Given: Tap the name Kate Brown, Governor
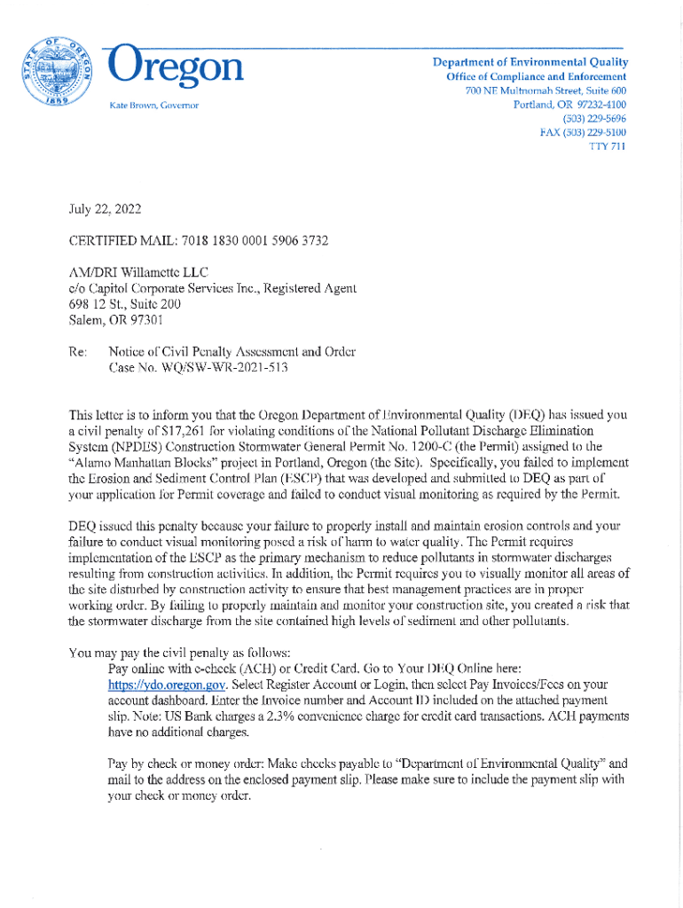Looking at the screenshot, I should pos(153,106).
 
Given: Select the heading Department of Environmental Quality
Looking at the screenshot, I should pos(530,62).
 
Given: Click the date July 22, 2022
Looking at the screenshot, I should pos(104,210).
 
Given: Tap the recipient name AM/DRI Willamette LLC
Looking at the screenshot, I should pos(137,272).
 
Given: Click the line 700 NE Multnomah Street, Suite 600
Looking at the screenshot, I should pos(546,90).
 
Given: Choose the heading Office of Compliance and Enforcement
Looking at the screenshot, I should pos(537,77).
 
